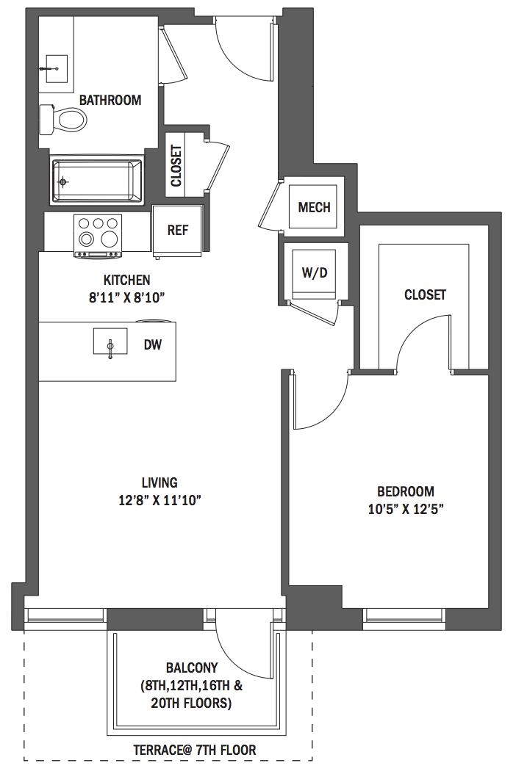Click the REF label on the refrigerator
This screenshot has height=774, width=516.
click(177, 231)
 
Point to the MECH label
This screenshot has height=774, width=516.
click(315, 207)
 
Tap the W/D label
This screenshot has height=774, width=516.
click(315, 272)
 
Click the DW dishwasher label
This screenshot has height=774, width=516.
click(153, 344)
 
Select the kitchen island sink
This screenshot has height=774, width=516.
click(110, 341)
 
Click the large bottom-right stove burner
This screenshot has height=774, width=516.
click(109, 240)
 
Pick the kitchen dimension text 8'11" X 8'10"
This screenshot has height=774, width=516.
click(126, 297)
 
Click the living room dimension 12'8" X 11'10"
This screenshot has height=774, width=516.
click(160, 501)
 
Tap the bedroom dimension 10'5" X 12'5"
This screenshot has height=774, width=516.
click(405, 509)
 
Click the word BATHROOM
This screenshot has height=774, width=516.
click(110, 100)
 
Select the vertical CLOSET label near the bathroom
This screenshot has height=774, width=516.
click(176, 166)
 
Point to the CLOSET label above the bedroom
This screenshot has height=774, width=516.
click(425, 294)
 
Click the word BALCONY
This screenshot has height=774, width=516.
click(192, 668)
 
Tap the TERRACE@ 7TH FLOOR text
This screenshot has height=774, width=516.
click(195, 751)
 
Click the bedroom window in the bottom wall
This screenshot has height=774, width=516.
click(404, 618)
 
